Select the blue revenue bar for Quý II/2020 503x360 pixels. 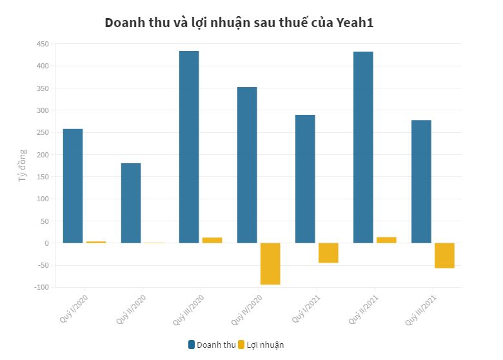[x=131, y=203]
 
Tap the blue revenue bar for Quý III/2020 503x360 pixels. [x=189, y=147]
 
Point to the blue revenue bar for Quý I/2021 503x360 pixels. [x=305, y=179]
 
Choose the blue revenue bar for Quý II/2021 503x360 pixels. [x=363, y=147]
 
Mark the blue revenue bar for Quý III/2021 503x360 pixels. [x=421, y=181]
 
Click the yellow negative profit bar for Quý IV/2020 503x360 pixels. [x=270, y=264]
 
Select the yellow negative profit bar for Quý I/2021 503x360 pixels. [x=328, y=253]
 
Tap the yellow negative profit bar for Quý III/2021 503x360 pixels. [x=444, y=255]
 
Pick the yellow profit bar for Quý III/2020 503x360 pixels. [x=212, y=240]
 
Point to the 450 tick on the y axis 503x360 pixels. [x=42, y=44]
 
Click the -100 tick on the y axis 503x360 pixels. [x=41, y=287]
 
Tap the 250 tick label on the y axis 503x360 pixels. [x=42, y=132]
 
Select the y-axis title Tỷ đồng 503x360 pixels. [x=23, y=165]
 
